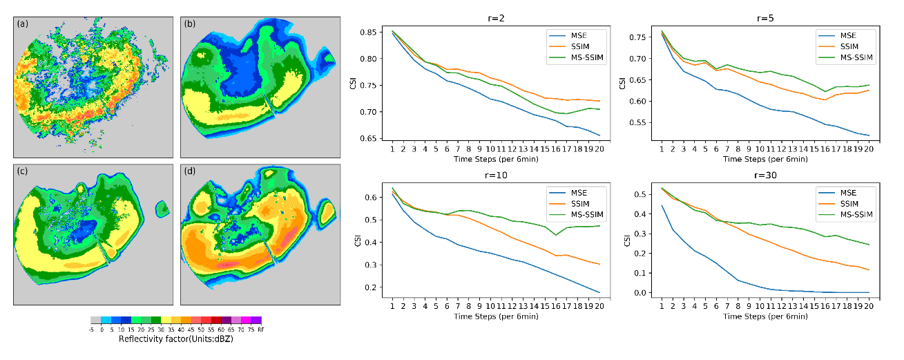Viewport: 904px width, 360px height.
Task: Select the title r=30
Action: pyautogui.click(x=760, y=177)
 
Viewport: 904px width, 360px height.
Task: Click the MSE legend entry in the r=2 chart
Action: pyautogui.click(x=579, y=33)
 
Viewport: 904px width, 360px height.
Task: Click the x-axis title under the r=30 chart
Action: pyautogui.click(x=762, y=315)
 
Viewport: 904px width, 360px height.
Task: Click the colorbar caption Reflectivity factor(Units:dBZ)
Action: pyautogui.click(x=176, y=339)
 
